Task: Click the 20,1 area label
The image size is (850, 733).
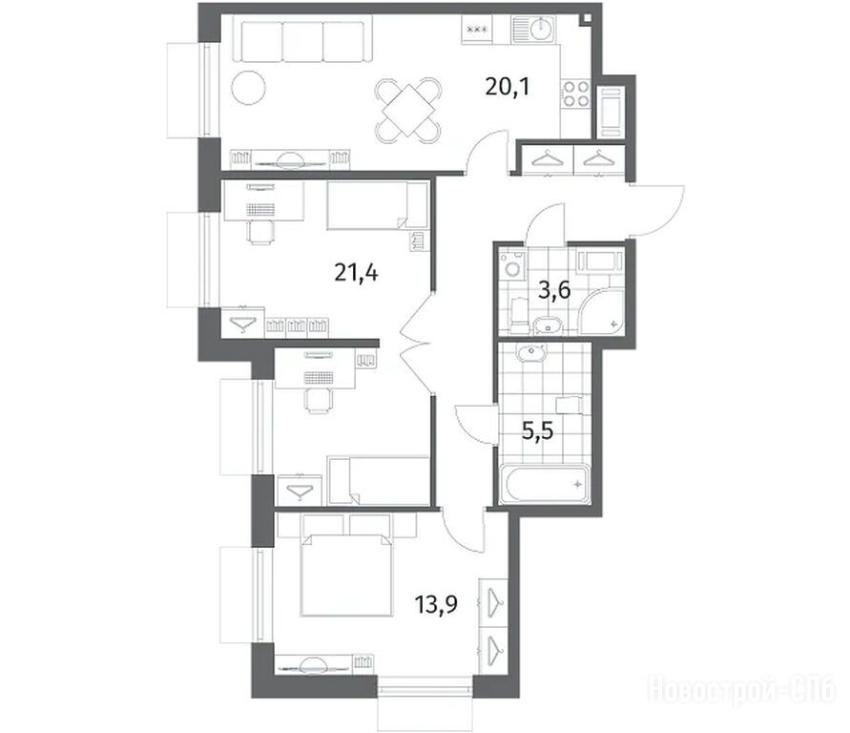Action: (507, 87)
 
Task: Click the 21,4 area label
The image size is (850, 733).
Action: (356, 273)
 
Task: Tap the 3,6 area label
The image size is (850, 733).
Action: (554, 291)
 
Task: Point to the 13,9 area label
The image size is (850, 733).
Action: (436, 603)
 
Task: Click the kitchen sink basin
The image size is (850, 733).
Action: (541, 29)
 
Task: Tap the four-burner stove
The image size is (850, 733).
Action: (575, 94)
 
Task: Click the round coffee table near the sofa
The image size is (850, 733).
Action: (248, 88)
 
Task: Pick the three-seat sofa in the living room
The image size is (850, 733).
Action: (302, 41)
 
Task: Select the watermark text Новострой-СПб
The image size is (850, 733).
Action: (741, 690)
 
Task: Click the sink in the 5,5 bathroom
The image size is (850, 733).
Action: (532, 353)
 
